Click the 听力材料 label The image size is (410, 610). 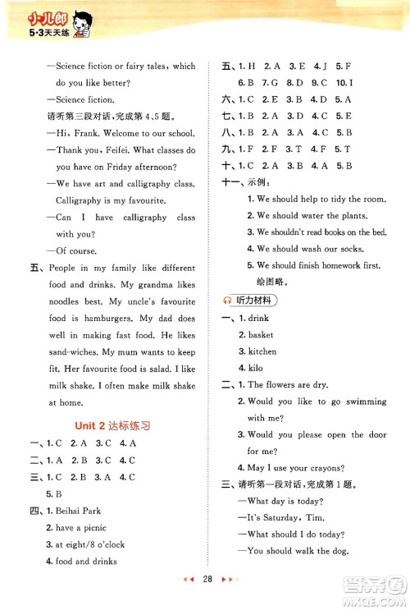coord(257,300)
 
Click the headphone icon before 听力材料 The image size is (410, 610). coord(227,300)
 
